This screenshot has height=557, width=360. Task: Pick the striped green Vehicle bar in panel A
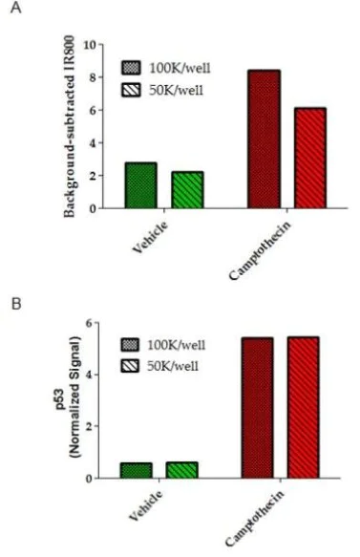coord(187,189)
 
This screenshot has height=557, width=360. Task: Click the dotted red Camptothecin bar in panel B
coord(258,408)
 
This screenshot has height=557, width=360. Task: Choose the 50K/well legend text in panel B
coord(172,366)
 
